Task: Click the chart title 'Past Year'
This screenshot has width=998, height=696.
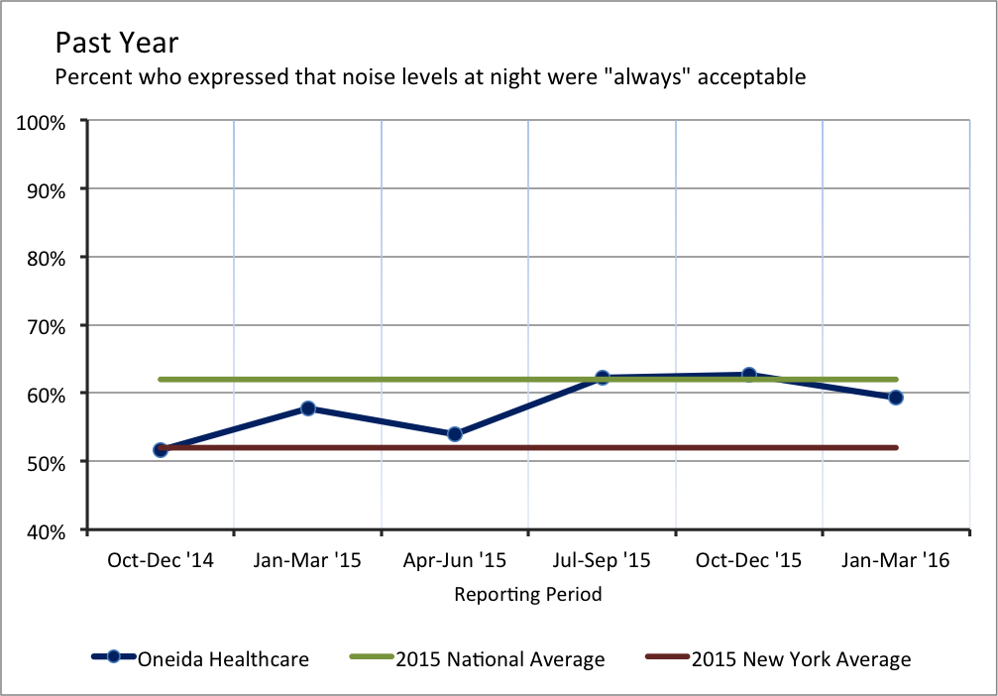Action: pyautogui.click(x=117, y=43)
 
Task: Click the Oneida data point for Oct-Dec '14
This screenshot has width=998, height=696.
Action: pyautogui.click(x=161, y=449)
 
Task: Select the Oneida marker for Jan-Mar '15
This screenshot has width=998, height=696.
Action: pyautogui.click(x=307, y=407)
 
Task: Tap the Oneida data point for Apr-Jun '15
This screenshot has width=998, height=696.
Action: pyautogui.click(x=455, y=434)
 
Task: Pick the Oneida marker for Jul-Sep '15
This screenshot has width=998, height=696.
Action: pyautogui.click(x=602, y=378)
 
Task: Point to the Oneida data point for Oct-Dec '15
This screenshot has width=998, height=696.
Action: pyautogui.click(x=749, y=375)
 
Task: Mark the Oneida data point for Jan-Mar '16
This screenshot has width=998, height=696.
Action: pyautogui.click(x=896, y=398)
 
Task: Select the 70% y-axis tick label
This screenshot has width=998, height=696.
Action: pyautogui.click(x=46, y=325)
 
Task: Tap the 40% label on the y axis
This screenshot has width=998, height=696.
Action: pyautogui.click(x=46, y=530)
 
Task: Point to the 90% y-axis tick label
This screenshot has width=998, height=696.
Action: pyautogui.click(x=46, y=189)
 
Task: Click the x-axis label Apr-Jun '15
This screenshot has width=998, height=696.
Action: pyautogui.click(x=455, y=561)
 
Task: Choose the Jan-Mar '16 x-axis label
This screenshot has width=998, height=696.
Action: pyautogui.click(x=896, y=561)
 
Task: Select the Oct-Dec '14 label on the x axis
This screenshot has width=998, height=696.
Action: pyautogui.click(x=161, y=561)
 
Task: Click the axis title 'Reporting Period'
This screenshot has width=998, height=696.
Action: pyautogui.click(x=528, y=595)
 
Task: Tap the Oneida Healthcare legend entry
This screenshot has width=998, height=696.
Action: pyautogui.click(x=223, y=658)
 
